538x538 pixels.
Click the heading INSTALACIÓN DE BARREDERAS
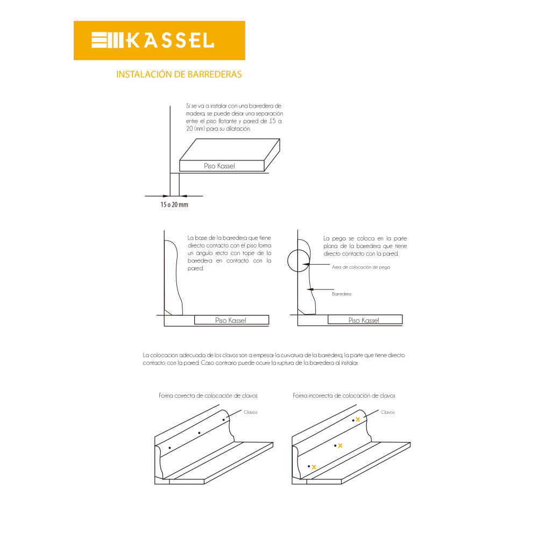(x=179, y=74)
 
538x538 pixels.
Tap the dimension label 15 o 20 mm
(x=174, y=204)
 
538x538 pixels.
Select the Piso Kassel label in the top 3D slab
(x=220, y=166)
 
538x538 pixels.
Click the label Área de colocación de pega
(x=361, y=267)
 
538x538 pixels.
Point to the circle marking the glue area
(x=287, y=261)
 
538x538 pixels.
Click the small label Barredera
(x=342, y=294)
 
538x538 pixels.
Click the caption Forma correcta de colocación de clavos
(x=208, y=395)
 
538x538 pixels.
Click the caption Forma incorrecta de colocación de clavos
(x=344, y=395)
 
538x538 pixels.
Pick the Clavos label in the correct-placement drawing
(x=251, y=412)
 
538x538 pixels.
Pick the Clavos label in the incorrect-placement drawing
(x=388, y=412)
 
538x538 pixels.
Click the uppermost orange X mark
(x=358, y=419)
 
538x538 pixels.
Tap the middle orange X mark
(x=340, y=445)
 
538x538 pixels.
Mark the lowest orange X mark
(x=314, y=467)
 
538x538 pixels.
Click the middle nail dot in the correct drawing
(x=200, y=433)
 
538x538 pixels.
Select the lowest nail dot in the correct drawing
(x=169, y=448)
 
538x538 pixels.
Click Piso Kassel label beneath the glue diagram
(x=364, y=321)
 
